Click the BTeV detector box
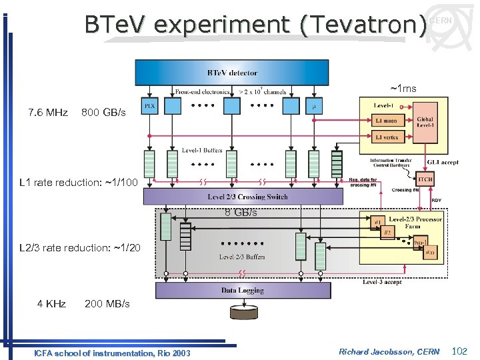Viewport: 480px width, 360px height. [232, 73]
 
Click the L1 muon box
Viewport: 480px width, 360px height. [387, 121]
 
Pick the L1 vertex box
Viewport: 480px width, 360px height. [387, 137]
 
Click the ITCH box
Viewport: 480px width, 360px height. [425, 179]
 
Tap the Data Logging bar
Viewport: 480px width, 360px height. [243, 291]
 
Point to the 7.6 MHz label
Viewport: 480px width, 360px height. [48, 113]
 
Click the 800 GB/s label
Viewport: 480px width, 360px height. [103, 113]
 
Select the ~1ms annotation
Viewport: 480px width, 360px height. [403, 89]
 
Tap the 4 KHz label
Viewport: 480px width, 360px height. [51, 304]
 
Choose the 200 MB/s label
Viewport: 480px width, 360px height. [107, 304]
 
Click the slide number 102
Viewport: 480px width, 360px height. [460, 351]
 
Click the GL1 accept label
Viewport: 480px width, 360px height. [443, 162]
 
